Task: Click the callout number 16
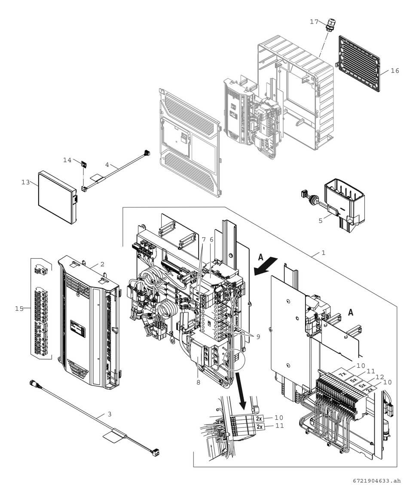(395, 71)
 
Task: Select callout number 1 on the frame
(323, 253)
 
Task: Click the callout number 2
(102, 264)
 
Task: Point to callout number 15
(19, 308)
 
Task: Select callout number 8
(198, 382)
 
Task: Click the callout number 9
(258, 337)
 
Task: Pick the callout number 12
(379, 377)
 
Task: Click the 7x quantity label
(343, 374)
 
